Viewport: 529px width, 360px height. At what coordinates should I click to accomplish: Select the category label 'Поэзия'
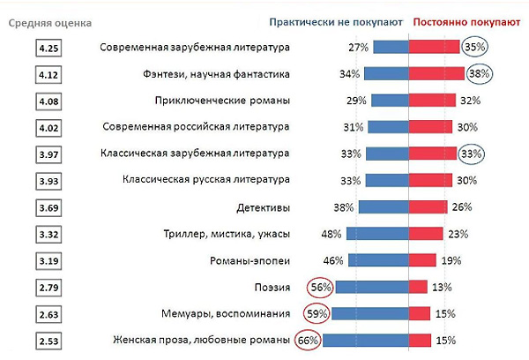click(x=271, y=288)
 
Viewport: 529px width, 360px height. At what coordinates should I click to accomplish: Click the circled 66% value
click(x=308, y=341)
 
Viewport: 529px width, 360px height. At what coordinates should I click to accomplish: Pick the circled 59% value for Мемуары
click(x=317, y=314)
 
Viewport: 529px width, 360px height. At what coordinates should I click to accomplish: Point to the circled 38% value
click(x=479, y=75)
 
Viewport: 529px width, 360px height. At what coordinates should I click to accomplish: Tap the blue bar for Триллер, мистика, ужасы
click(x=377, y=235)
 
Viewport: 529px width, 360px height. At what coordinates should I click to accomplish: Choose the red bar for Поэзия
click(x=419, y=288)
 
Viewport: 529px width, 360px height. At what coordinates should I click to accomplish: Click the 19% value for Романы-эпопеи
click(x=451, y=261)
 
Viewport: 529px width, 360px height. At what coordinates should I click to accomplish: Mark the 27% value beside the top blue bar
click(x=358, y=48)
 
